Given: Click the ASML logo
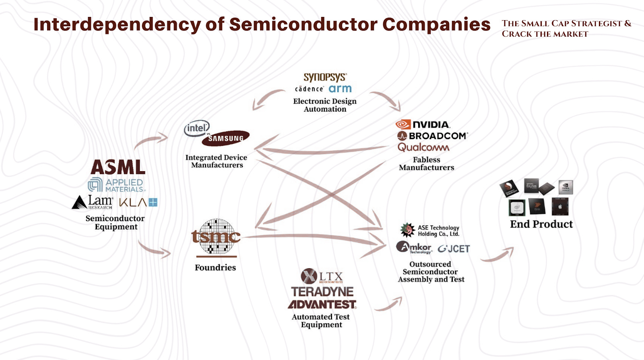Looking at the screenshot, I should point(118,167).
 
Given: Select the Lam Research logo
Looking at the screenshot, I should point(93,202).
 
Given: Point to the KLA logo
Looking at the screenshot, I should point(138,202).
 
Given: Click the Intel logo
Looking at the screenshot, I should point(197,128).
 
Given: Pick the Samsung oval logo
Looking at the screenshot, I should point(226,139).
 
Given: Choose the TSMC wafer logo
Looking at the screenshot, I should point(216,237).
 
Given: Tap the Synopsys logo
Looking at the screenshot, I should point(325,77).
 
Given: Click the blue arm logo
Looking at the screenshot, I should point(340,89).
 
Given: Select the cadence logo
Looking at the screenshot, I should point(309,89).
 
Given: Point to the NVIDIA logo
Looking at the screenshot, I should point(423,124).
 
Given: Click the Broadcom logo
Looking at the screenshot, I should point(433,136).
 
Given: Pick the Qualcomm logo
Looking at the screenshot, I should point(423,147).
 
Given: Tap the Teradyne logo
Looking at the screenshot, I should point(322,292).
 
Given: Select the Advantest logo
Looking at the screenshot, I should point(322,304).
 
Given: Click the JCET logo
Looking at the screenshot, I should point(454,249).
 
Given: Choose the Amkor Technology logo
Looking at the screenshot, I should point(414,247).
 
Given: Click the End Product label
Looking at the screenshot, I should point(541,224).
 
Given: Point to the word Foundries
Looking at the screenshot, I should point(215,267).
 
